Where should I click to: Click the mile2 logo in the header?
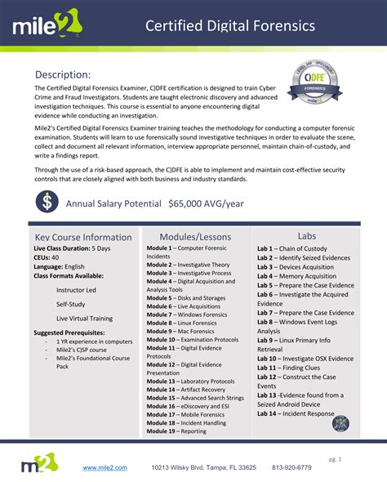(x=47, y=27)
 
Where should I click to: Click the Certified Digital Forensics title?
(x=230, y=26)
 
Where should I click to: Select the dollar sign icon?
(x=47, y=200)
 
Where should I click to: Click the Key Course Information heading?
(x=82, y=237)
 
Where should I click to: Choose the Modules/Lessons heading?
(x=195, y=236)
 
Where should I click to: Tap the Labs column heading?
(x=307, y=235)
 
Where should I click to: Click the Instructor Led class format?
(x=76, y=290)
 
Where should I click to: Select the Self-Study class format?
(x=71, y=304)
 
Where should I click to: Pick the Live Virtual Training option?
(x=85, y=318)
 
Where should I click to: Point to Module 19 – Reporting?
(x=176, y=431)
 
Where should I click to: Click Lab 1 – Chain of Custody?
(x=291, y=248)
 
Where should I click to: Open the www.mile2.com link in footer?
(x=105, y=467)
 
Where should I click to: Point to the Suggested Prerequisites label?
(x=69, y=332)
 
